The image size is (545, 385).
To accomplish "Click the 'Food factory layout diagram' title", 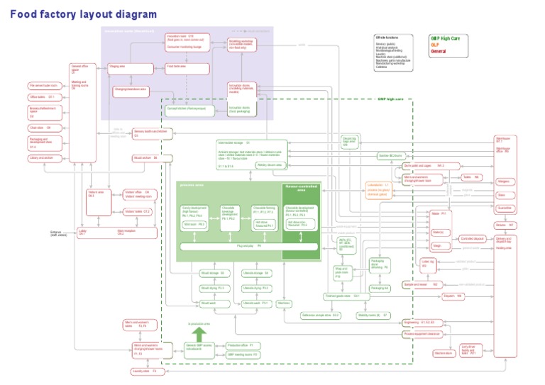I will [83, 13].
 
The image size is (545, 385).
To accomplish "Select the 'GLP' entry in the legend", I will [434, 44].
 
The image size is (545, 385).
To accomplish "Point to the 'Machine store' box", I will [444, 352].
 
